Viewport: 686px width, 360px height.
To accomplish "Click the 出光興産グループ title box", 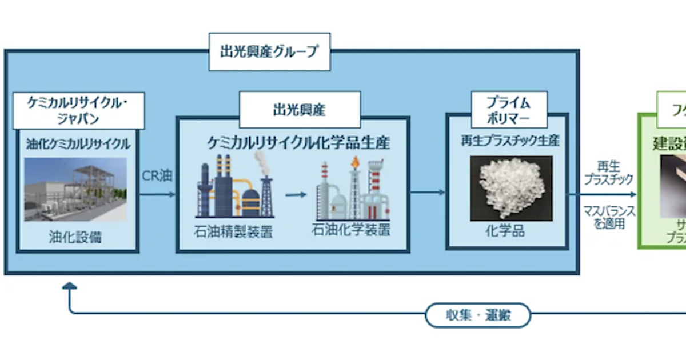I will tap(269, 51).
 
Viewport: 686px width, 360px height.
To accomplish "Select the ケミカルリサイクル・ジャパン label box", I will tap(78, 110).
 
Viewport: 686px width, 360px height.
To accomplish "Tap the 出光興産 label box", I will tap(300, 109).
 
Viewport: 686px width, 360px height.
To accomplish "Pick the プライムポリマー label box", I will tap(508, 110).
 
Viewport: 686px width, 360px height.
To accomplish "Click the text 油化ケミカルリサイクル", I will tap(78, 143).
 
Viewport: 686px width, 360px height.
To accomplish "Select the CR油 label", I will tap(157, 176).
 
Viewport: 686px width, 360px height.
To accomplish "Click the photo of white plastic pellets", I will tap(511, 188).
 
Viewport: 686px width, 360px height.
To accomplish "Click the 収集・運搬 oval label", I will tap(478, 315).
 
